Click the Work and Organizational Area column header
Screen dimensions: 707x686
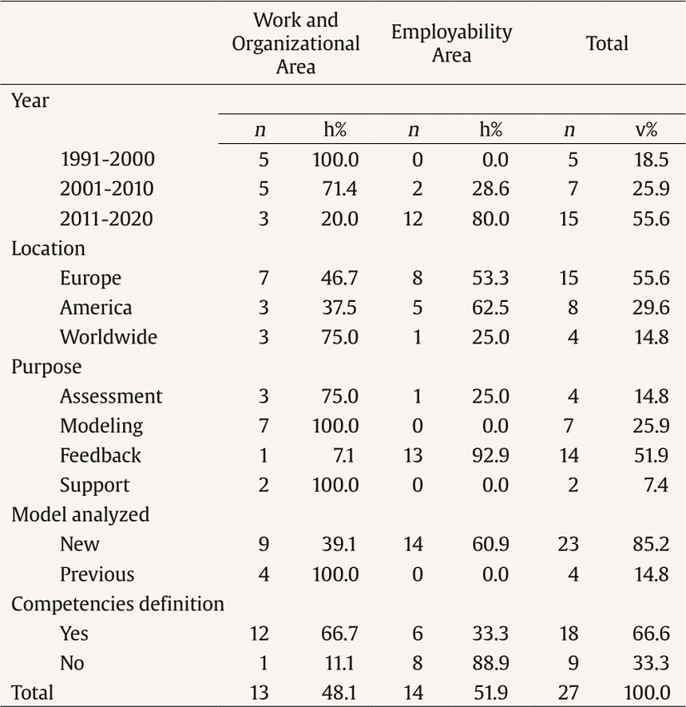(295, 43)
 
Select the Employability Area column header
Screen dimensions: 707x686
(452, 43)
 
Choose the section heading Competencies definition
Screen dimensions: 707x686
(117, 605)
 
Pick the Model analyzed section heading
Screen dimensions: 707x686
(80, 515)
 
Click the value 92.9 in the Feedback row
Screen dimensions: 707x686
(491, 455)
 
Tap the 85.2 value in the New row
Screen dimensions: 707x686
(651, 545)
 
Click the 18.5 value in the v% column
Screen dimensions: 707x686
(651, 159)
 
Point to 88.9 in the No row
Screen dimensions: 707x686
(491, 664)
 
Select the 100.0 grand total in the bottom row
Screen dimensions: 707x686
(647, 692)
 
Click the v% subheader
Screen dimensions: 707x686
(646, 130)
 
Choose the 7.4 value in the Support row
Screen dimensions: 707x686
(655, 485)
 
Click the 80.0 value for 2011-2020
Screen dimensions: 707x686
(491, 219)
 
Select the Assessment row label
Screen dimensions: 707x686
(111, 396)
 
